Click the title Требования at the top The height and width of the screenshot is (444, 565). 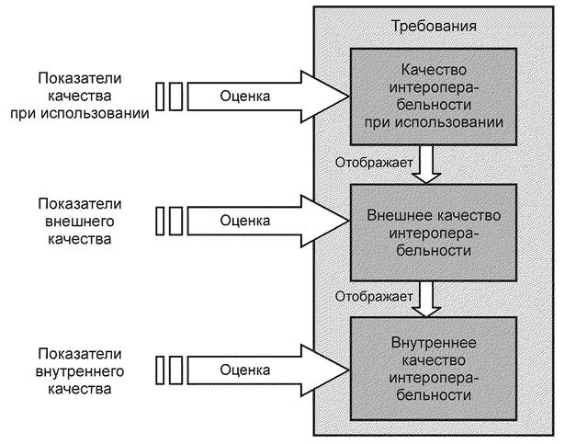(433, 26)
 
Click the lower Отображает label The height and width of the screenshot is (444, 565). (373, 297)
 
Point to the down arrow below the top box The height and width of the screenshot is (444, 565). (424, 164)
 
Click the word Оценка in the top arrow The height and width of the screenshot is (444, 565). (246, 94)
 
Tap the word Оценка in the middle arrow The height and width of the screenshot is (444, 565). (246, 221)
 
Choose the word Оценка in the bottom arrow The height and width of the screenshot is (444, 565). (246, 370)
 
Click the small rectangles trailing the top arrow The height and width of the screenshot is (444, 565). (169, 94)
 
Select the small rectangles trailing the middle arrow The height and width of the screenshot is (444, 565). (169, 221)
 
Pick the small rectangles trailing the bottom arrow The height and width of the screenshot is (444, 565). (169, 370)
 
